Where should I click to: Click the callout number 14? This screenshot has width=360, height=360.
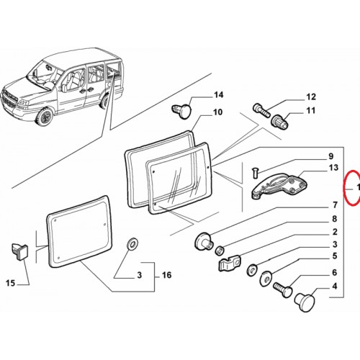coord(218,95)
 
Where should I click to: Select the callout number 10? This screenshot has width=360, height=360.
coord(218,112)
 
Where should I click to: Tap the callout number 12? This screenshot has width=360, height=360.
coord(311,97)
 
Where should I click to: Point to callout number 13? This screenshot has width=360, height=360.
coord(334,168)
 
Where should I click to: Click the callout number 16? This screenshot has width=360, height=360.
coord(166,275)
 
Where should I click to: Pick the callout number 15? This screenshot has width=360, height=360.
coord(10,283)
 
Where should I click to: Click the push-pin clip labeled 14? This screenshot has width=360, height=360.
coord(182,111)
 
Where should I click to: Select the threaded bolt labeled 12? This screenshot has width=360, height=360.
coord(261,110)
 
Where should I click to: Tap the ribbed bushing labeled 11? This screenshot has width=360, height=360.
coord(279,122)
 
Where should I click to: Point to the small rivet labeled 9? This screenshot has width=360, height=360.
coord(255,173)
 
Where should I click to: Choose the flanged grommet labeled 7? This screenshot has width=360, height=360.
coord(204,241)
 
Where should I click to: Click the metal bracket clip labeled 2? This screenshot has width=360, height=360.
coord(230,262)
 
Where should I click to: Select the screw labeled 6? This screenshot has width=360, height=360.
coord(283,289)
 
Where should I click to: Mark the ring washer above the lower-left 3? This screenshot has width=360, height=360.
coord(132,243)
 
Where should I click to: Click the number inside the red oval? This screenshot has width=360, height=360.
coord(359,187)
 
